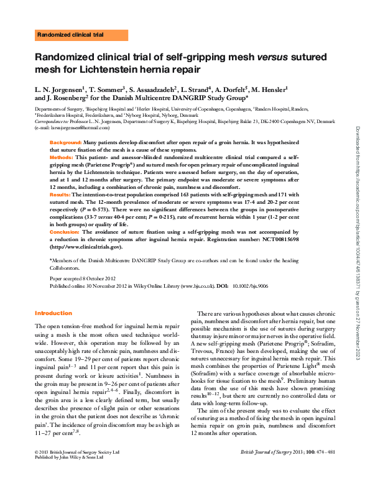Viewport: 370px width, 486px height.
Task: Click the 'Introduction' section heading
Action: coord(53,313)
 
